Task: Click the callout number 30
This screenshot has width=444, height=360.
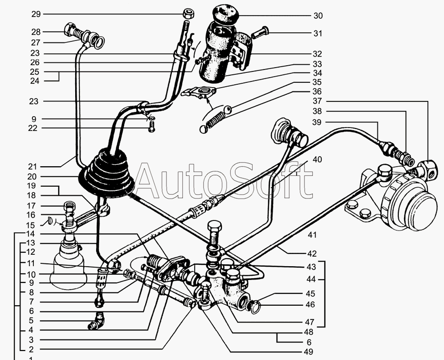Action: [x=318, y=16]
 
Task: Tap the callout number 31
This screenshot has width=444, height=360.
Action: [x=318, y=34]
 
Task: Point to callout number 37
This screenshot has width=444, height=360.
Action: [x=317, y=101]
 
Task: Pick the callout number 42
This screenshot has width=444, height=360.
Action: [x=312, y=254]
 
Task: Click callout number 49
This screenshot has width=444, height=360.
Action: [x=309, y=352]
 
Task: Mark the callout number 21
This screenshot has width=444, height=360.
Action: [x=32, y=167]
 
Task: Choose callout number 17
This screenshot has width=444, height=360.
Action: [x=31, y=206]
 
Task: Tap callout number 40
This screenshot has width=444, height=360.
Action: [x=317, y=160]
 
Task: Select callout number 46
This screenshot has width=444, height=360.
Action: [x=310, y=305]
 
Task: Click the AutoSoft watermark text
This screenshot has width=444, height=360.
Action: [x=224, y=180]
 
